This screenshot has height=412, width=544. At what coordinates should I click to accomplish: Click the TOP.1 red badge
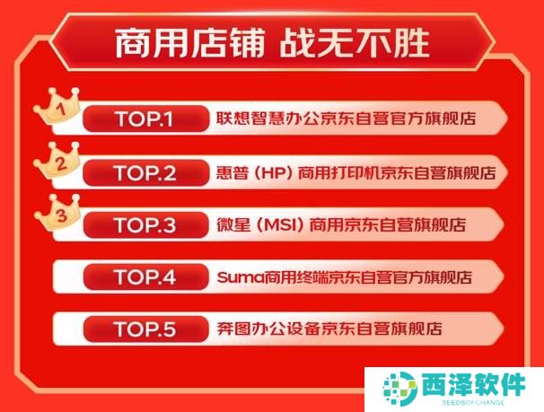145,118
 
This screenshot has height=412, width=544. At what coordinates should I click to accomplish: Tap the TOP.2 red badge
145,172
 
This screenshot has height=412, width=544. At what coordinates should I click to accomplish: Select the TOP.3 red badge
145,225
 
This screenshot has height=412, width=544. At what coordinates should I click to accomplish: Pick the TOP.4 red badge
145,276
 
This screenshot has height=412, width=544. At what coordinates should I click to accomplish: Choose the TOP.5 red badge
145,329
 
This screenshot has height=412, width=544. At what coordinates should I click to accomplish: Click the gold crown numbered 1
57,107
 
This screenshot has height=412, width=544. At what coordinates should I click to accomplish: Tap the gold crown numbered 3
58,213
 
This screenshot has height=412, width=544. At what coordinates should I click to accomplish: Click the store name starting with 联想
346,118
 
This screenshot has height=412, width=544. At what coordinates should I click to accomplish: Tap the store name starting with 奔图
329,329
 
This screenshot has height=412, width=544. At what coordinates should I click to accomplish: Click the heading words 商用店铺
189,43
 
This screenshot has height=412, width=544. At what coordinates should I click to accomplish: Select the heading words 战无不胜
355,43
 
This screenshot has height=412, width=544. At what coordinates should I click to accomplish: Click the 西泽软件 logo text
474,384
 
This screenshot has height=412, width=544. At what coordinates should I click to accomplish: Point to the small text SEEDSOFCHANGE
473,403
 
